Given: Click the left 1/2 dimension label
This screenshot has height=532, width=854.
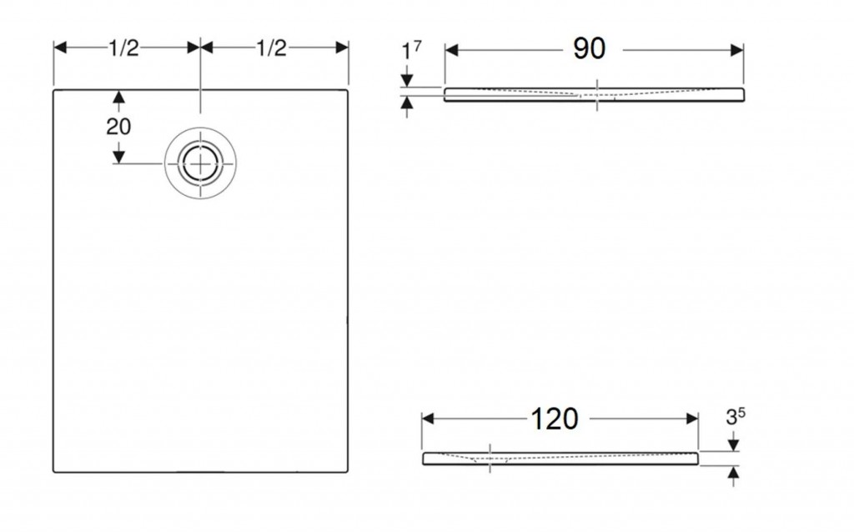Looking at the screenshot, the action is [123, 48].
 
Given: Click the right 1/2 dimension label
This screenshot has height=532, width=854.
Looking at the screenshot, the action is [271, 48].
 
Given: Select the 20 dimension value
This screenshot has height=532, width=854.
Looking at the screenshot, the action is [118, 127].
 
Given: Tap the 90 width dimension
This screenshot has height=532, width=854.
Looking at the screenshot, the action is [590, 49].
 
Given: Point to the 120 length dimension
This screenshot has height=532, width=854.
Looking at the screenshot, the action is [554, 419].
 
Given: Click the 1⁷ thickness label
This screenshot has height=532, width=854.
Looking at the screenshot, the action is [411, 51].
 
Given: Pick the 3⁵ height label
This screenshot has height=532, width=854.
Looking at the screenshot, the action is [736, 417].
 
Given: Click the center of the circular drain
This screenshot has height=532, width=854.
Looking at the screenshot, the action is [200, 163].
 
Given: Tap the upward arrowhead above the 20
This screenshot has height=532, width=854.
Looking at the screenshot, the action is [118, 98].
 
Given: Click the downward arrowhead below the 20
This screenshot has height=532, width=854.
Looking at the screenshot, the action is [118, 157].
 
